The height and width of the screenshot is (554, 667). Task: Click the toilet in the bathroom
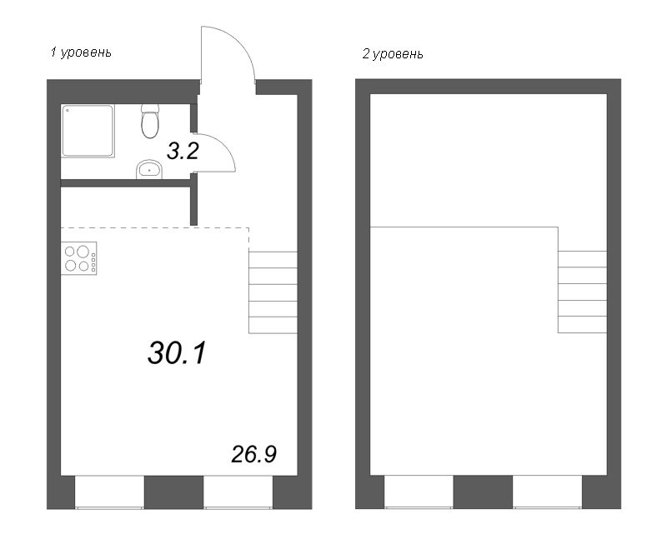pos(150,121)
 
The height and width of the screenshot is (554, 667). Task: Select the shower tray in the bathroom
pos(88,131)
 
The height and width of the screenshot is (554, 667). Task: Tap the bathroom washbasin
pos(149,170)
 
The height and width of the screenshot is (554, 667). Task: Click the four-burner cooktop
pos(78,258)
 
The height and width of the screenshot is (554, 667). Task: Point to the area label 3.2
pos(183,151)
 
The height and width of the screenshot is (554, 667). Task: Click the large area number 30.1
pos(177,352)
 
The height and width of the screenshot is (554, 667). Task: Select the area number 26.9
pos(254,454)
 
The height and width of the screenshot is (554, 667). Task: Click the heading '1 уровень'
pos(81,52)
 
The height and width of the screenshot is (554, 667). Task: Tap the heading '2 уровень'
pos(393,54)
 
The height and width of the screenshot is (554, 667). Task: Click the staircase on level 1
pos(273,292)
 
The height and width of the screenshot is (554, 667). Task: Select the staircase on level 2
pos(582,292)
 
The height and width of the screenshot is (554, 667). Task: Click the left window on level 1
pos(110,492)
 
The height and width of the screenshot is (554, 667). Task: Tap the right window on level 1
pos(238,492)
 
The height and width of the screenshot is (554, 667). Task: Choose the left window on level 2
pos(419,492)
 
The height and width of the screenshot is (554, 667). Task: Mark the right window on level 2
pos(548,492)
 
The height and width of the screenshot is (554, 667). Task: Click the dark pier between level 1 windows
pos(174,492)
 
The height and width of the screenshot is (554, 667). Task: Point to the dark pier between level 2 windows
pos(484,492)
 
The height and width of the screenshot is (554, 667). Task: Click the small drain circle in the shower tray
pos(67,110)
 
